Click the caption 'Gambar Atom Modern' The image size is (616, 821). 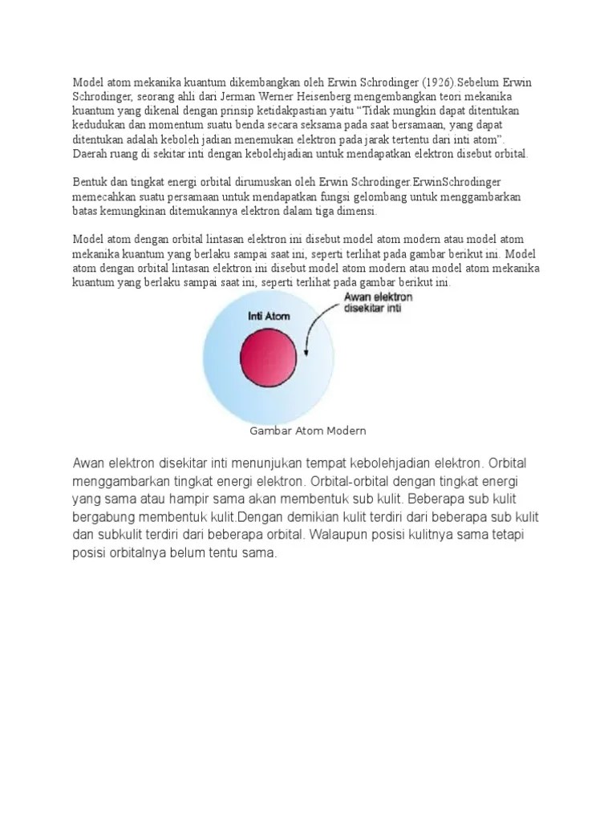309,431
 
